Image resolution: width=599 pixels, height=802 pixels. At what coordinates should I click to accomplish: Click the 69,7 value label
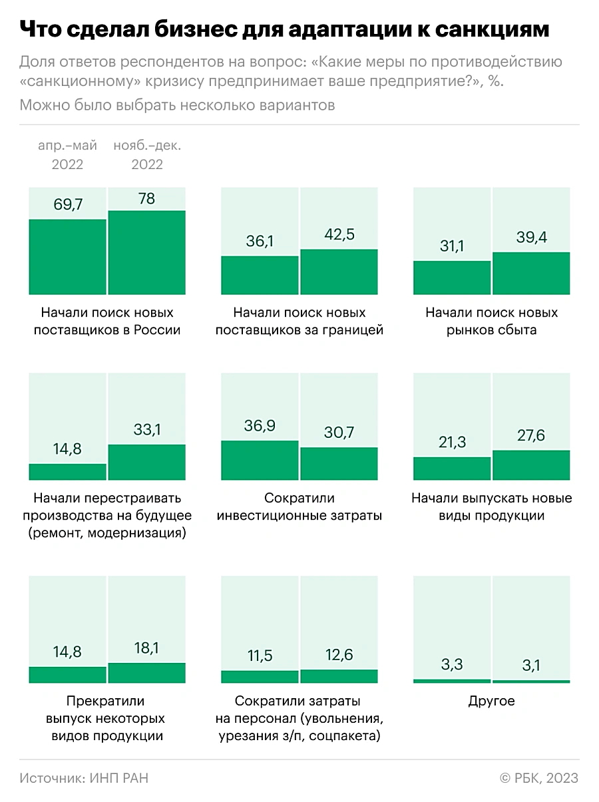[x=67, y=204]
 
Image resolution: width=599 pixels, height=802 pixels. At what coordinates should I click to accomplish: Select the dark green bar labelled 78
[x=147, y=252]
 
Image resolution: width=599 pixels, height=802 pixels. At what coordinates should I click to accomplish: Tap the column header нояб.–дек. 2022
[x=147, y=155]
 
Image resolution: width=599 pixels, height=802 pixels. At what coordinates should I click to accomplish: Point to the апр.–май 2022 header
[x=67, y=155]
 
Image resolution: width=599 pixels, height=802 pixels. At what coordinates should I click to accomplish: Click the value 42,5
[x=339, y=236]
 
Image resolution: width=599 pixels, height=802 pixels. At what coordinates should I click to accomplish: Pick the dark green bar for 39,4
[x=531, y=274]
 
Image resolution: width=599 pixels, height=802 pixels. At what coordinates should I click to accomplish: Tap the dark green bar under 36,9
[x=260, y=460]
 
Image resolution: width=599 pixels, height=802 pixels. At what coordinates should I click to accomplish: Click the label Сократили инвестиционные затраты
[x=299, y=506]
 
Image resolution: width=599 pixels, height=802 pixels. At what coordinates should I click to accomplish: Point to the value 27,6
[x=531, y=437]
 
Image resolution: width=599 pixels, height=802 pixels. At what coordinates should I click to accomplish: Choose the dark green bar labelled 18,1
[x=147, y=673]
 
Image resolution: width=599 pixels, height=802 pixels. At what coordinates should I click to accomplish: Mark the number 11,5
[x=260, y=656]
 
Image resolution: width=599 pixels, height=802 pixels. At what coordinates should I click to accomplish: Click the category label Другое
[x=492, y=702]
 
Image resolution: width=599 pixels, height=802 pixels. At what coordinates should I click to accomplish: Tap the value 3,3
[x=452, y=664]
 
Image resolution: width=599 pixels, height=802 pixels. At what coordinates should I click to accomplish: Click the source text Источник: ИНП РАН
[x=84, y=778]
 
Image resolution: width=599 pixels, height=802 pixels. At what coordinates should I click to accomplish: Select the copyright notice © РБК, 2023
[x=539, y=778]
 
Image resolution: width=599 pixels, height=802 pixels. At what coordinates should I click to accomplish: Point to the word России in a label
[x=158, y=329]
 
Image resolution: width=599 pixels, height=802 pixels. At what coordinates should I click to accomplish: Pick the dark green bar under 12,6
[x=339, y=676]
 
